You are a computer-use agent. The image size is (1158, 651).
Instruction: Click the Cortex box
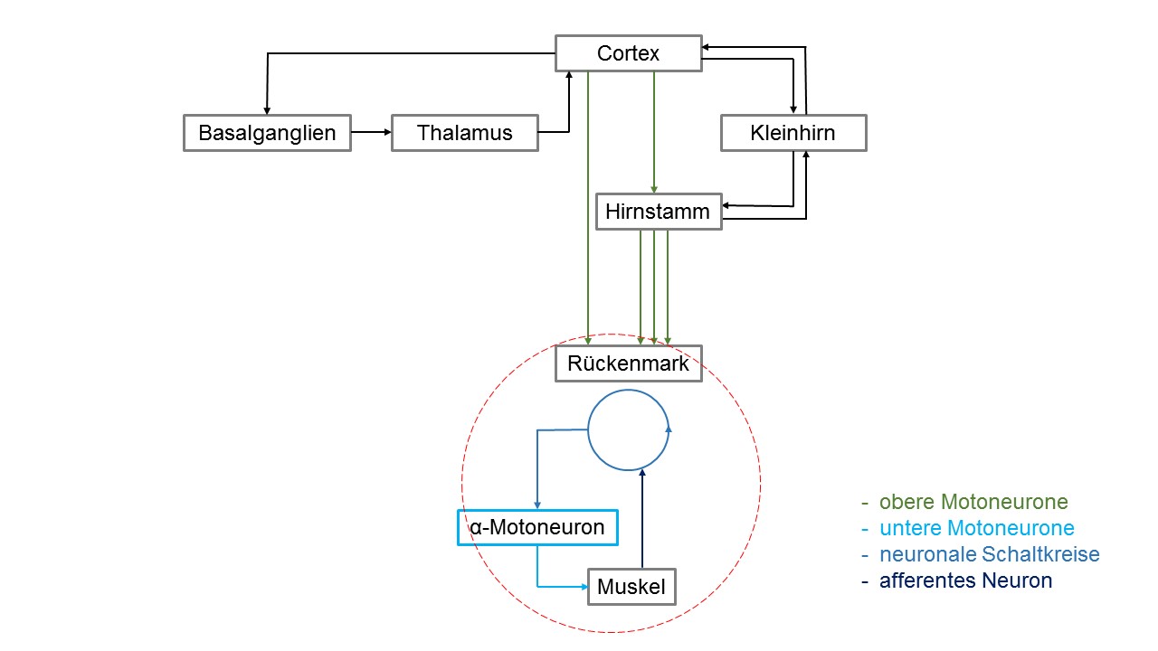pos(629,53)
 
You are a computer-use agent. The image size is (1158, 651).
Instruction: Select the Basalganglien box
pos(267,133)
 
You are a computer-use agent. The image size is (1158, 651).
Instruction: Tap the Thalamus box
pos(465,133)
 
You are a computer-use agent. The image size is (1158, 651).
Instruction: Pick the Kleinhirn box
pos(793,133)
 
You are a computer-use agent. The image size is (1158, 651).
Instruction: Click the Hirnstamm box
pos(659,212)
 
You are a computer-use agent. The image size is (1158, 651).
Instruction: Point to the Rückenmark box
pos(629,363)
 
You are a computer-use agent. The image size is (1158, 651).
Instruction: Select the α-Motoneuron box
pos(537,527)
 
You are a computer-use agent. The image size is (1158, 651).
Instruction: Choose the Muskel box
pos(631,587)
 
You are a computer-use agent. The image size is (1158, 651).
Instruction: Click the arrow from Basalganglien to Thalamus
pos(371,132)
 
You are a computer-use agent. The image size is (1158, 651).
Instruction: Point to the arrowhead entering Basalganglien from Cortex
pos(267,110)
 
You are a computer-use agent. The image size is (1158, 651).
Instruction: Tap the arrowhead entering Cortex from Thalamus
pos(569,75)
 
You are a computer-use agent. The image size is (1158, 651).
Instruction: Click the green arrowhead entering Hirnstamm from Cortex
pos(654,190)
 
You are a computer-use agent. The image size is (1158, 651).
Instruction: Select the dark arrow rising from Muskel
pos(642,519)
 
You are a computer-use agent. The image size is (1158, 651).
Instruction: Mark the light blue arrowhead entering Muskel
pos(584,587)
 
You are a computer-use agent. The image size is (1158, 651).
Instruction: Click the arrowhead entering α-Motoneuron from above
pos(537,505)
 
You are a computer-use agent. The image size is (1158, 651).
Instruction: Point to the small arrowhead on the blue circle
pos(669,429)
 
